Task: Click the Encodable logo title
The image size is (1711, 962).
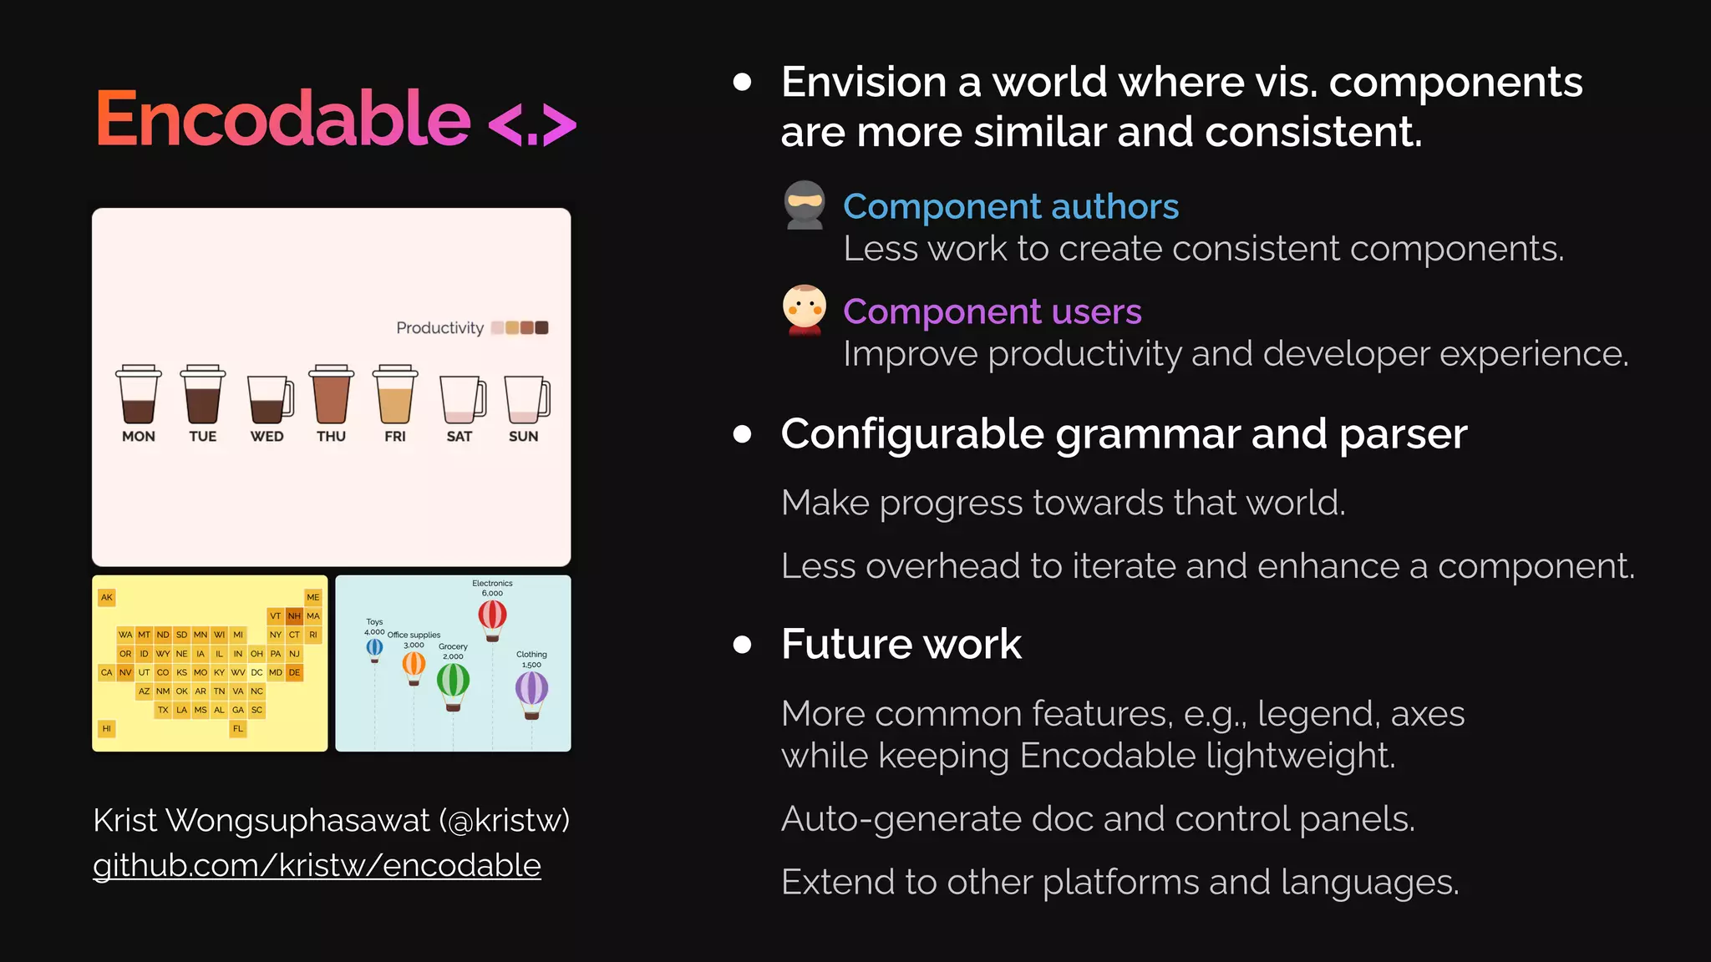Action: [284, 119]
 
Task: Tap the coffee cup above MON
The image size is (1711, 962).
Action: [139, 396]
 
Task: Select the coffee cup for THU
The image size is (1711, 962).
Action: [331, 396]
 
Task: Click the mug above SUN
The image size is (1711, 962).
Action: [525, 400]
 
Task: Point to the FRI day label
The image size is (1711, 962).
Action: [395, 436]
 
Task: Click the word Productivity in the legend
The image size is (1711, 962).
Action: [439, 328]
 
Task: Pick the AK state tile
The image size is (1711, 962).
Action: [106, 597]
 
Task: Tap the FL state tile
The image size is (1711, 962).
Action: [238, 728]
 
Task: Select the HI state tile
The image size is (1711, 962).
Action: [106, 728]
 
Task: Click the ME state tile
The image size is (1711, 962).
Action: [313, 597]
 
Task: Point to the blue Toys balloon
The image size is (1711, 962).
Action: [375, 648]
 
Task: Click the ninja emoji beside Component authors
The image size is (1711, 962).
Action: [805, 205]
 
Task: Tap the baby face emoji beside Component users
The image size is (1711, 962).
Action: [805, 310]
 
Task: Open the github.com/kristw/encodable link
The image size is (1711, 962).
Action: [317, 865]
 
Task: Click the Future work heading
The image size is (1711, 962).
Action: [901, 644]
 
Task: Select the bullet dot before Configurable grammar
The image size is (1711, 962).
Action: [742, 434]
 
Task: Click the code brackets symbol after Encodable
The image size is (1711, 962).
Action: [532, 125]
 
